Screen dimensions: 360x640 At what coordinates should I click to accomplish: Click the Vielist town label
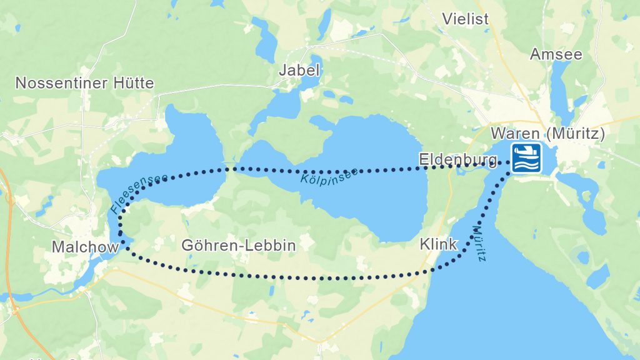coord(465,19)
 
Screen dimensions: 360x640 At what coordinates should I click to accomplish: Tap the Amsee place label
coord(556,54)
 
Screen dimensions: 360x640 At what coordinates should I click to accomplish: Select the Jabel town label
coord(300,71)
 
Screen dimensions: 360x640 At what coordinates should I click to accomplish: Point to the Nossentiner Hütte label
coord(84,83)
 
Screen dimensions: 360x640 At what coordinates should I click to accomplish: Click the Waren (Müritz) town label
coord(548,134)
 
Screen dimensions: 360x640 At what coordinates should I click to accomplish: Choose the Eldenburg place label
coord(459,159)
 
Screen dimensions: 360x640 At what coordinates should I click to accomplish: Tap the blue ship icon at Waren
coord(526,157)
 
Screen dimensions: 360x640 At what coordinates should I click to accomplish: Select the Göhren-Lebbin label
coord(238,246)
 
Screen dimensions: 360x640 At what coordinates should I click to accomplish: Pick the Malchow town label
coord(85,247)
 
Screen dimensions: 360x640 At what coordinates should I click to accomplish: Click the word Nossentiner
coord(61,83)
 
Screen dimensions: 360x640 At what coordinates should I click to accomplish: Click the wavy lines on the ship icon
coord(526,164)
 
